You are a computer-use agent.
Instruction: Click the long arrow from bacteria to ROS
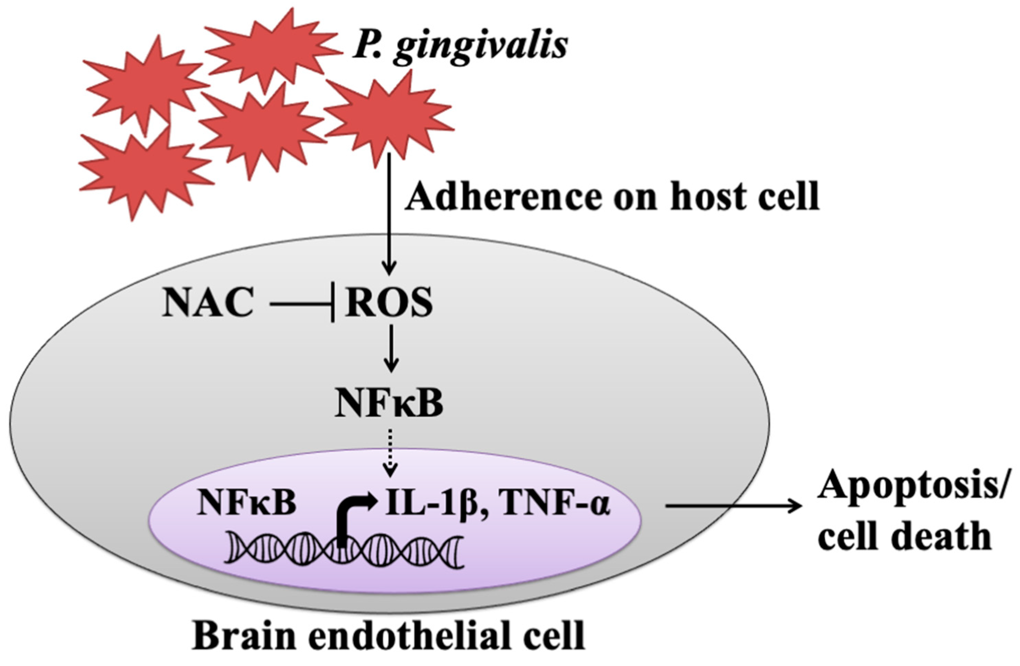(389, 214)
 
